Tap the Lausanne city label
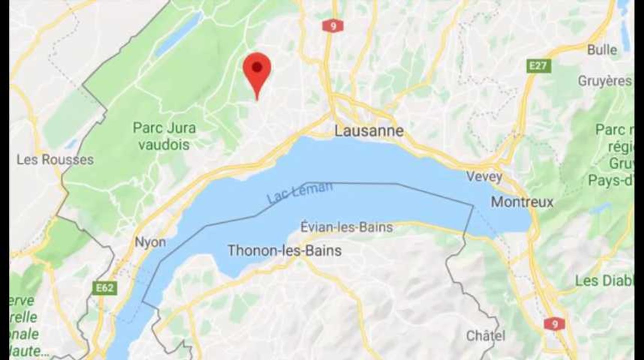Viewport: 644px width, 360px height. [x=369, y=131]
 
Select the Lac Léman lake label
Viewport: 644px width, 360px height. [x=300, y=192]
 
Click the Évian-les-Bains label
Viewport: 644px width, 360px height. [x=347, y=227]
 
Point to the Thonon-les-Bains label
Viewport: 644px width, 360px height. [x=285, y=250]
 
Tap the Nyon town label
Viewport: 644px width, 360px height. [x=150, y=242]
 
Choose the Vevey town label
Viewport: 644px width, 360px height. [x=484, y=176]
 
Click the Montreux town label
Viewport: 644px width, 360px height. [x=522, y=202]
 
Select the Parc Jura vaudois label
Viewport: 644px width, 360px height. [x=164, y=136]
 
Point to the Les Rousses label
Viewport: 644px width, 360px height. [x=55, y=160]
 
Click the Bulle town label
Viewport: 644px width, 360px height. [x=602, y=50]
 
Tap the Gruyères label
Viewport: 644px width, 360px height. [x=604, y=81]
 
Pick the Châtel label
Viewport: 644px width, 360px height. [x=485, y=335]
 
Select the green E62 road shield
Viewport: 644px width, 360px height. [x=103, y=288]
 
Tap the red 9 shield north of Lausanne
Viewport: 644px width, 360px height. [x=329, y=25]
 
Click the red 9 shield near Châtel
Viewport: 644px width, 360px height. [x=554, y=323]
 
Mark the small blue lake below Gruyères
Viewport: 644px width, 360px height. [x=600, y=207]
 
